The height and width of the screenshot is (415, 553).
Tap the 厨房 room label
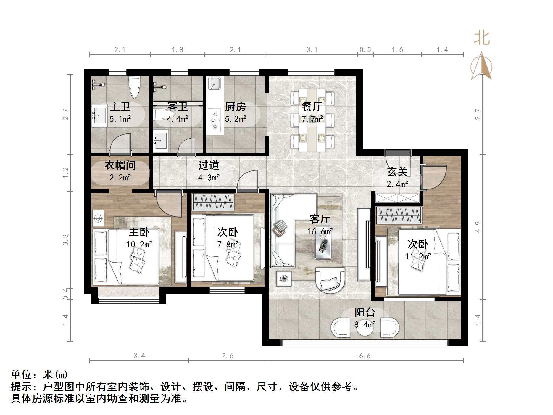(235, 107)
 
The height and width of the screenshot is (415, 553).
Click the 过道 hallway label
(209, 165)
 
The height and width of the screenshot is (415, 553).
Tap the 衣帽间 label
(120, 165)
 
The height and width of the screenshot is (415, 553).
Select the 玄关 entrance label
(397, 172)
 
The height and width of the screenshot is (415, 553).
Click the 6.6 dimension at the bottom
(365, 356)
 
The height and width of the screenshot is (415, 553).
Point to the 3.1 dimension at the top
(312, 50)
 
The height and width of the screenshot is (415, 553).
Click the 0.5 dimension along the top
(365, 50)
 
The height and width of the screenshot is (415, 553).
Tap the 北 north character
(482, 38)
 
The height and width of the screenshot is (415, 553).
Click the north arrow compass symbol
(482, 67)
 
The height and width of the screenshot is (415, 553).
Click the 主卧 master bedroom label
(139, 232)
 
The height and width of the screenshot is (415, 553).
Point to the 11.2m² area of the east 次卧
(418, 256)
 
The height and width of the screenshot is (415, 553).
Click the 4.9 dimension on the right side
(478, 227)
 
